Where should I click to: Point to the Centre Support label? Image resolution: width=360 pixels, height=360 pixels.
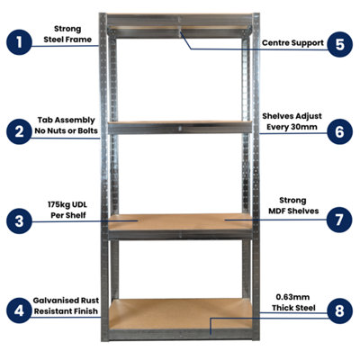point(292,42)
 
